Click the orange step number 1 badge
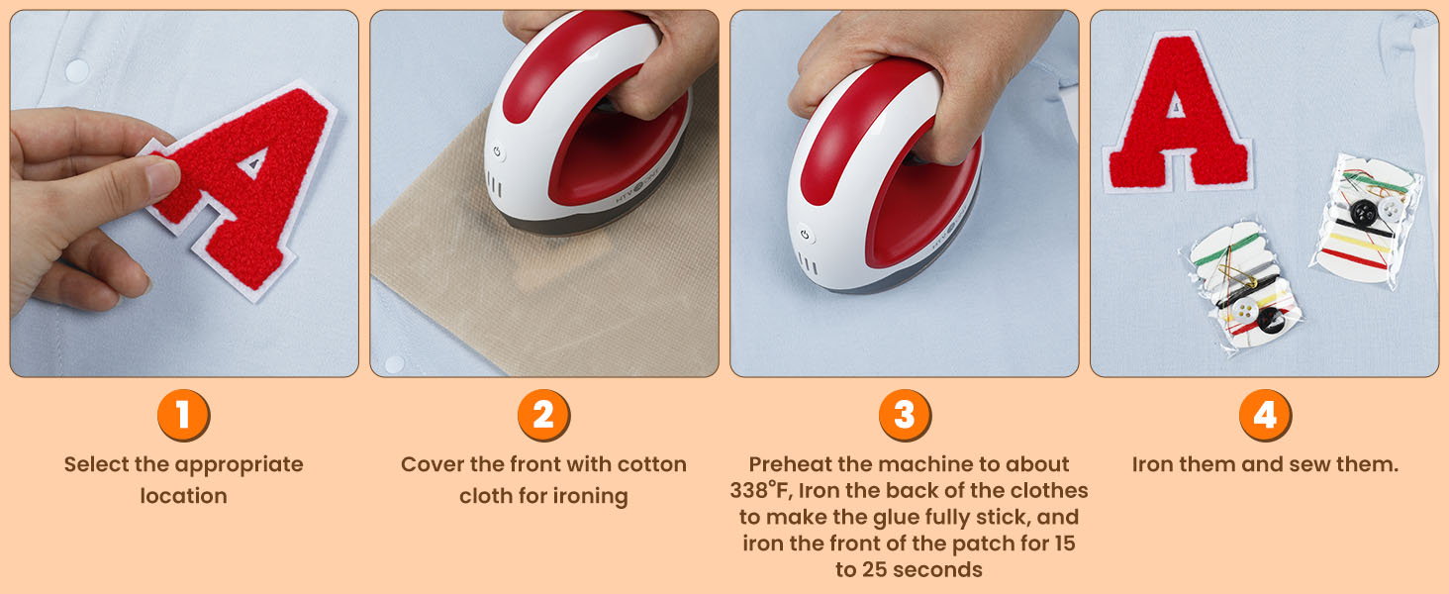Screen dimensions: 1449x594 point(183,415)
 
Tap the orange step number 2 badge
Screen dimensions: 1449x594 point(543,415)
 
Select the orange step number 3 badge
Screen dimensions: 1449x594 point(905,415)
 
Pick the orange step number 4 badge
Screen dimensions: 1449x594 point(1265,415)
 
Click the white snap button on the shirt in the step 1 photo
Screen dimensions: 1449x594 point(77,70)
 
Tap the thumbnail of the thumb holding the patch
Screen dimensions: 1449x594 point(161,179)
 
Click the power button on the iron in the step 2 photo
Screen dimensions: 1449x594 point(497,152)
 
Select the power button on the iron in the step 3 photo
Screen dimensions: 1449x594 point(805,235)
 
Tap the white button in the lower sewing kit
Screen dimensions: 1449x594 point(1243,311)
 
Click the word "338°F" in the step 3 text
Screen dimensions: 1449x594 point(761,490)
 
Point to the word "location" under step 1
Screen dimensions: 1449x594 point(184,496)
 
